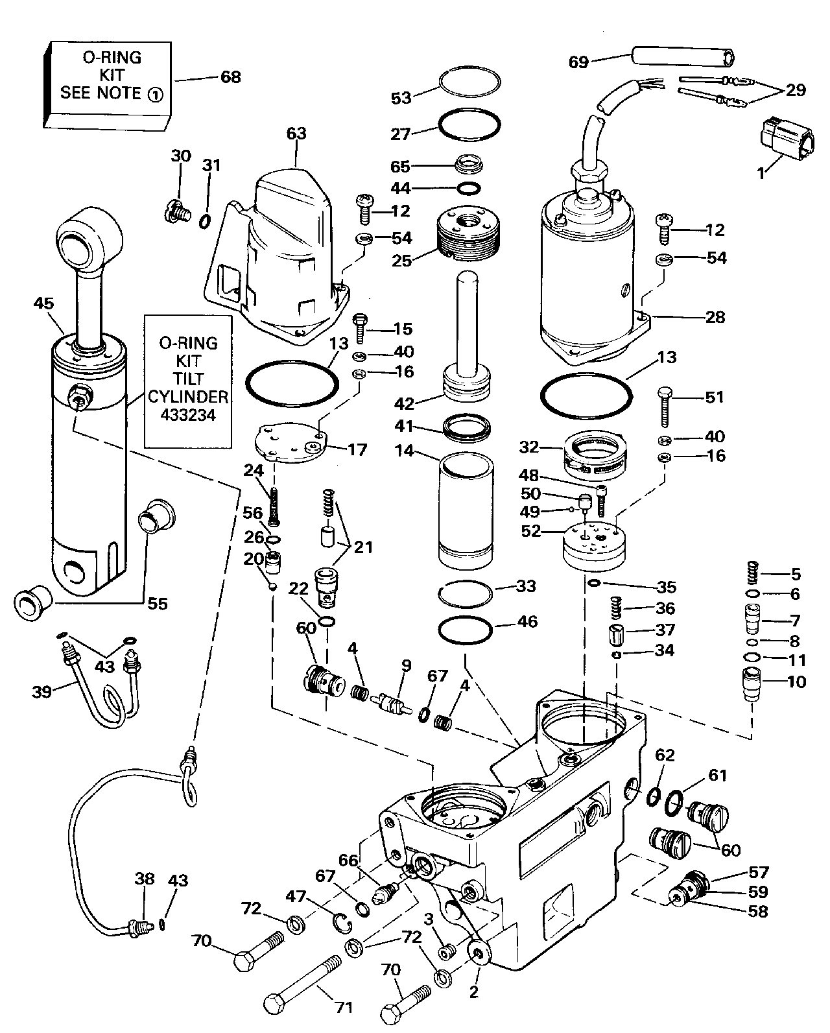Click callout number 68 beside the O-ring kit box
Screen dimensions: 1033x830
[230, 77]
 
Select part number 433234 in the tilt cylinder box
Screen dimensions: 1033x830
[188, 414]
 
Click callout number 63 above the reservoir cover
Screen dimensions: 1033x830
[296, 134]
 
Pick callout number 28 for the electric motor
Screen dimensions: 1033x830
[715, 317]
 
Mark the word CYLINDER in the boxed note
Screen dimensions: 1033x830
[188, 396]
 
